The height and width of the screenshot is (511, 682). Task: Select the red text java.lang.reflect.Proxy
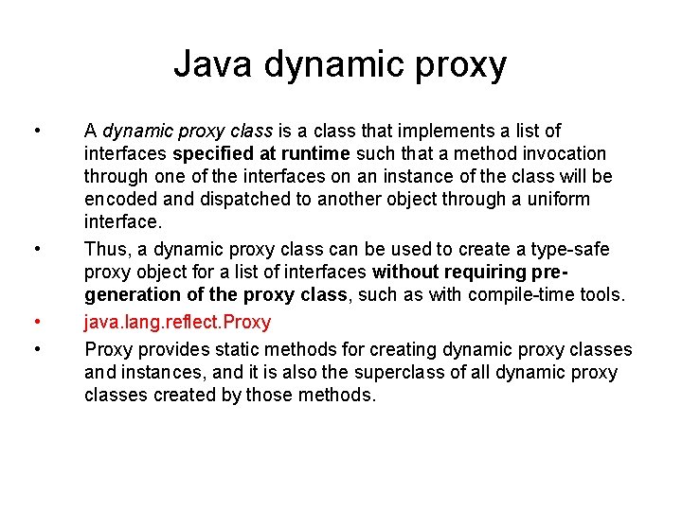pyautogui.click(x=177, y=323)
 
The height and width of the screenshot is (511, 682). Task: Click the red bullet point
pyautogui.click(x=36, y=323)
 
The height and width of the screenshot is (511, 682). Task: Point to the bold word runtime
pyautogui.click(x=314, y=153)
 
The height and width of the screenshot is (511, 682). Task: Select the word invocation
pyautogui.click(x=560, y=153)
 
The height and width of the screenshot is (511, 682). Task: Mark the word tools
pyautogui.click(x=603, y=295)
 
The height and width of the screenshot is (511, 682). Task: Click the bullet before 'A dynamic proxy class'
pyautogui.click(x=36, y=131)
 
